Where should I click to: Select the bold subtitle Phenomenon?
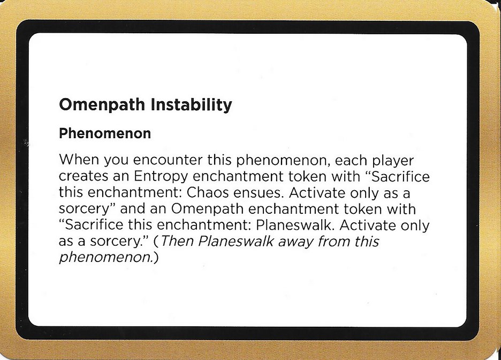105,133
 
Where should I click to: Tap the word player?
387,160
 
